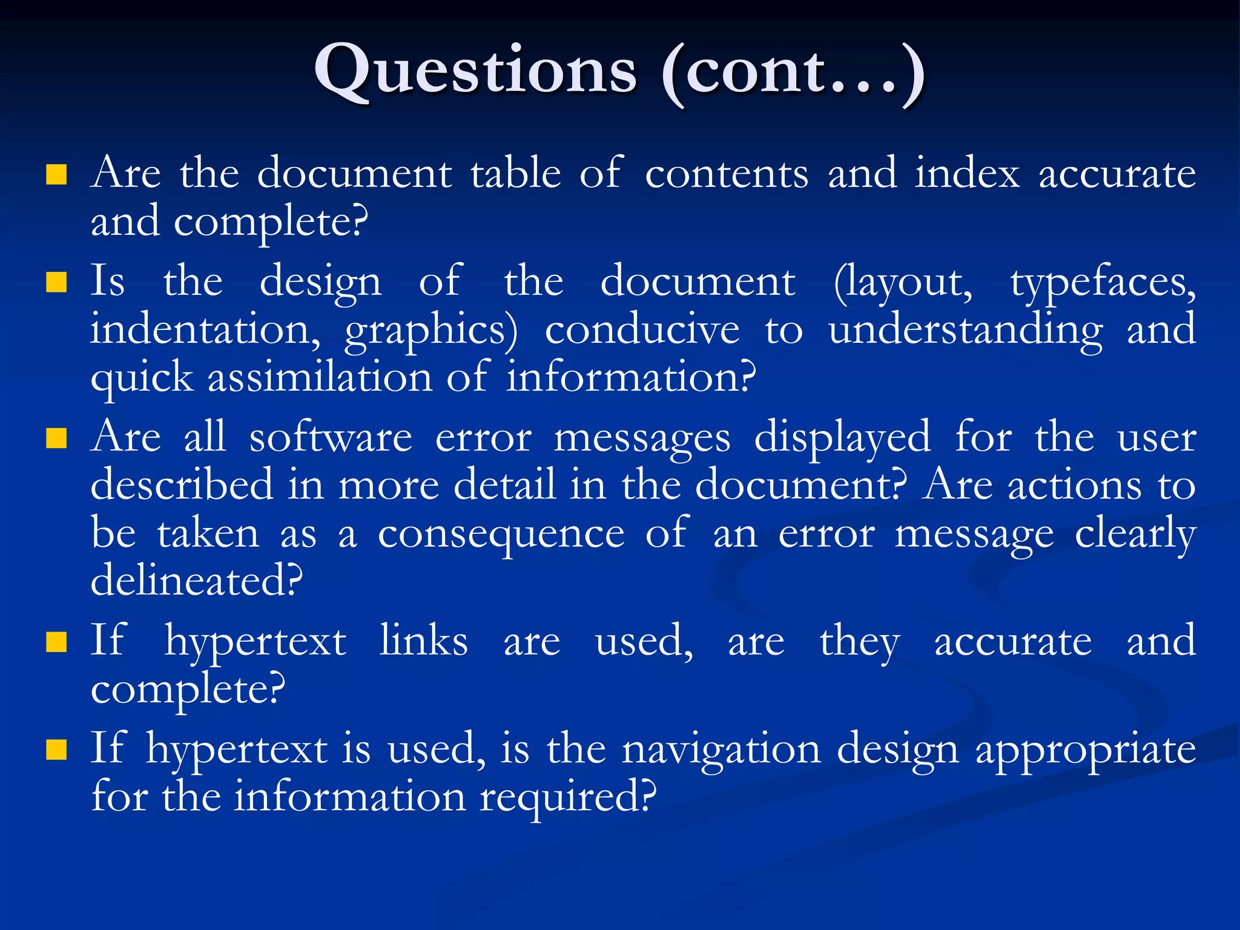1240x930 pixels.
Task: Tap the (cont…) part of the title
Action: click(793, 73)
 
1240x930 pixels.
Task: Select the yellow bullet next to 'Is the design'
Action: click(56, 282)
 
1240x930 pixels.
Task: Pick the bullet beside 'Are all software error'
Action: click(56, 438)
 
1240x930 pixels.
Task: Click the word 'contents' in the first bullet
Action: click(727, 174)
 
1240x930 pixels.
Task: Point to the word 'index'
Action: click(967, 174)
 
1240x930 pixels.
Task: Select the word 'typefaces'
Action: click(1103, 283)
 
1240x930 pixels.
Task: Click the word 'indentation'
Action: click(205, 330)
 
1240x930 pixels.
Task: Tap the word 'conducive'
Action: click(642, 330)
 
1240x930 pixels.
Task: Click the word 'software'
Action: click(331, 438)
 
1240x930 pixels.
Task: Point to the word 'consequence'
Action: click(501, 535)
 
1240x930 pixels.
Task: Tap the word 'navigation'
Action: click(721, 750)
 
